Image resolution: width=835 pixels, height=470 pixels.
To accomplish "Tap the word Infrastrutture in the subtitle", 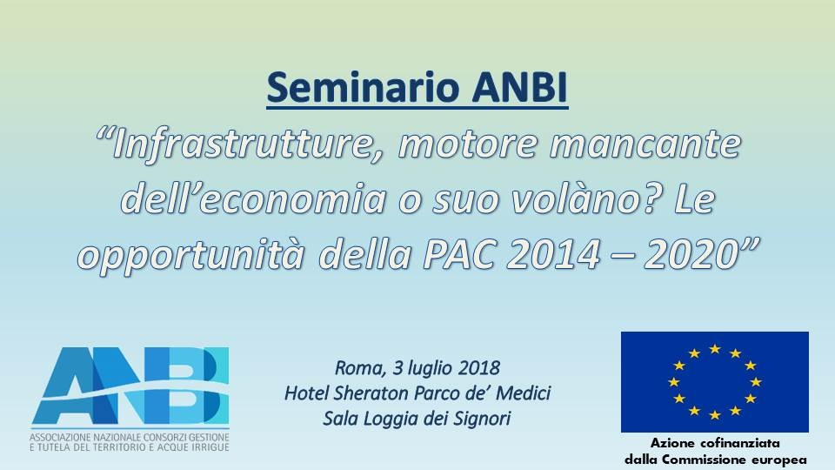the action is pos(240,145).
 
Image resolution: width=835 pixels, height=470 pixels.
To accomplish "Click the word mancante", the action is pos(645,145).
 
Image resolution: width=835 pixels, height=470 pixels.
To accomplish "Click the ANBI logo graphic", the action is pos(130,385).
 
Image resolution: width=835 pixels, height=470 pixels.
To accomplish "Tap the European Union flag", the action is pos(715,381).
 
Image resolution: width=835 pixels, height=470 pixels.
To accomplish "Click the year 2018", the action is pos(478,367).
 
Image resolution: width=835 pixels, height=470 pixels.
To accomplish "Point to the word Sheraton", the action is pos(371,393).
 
